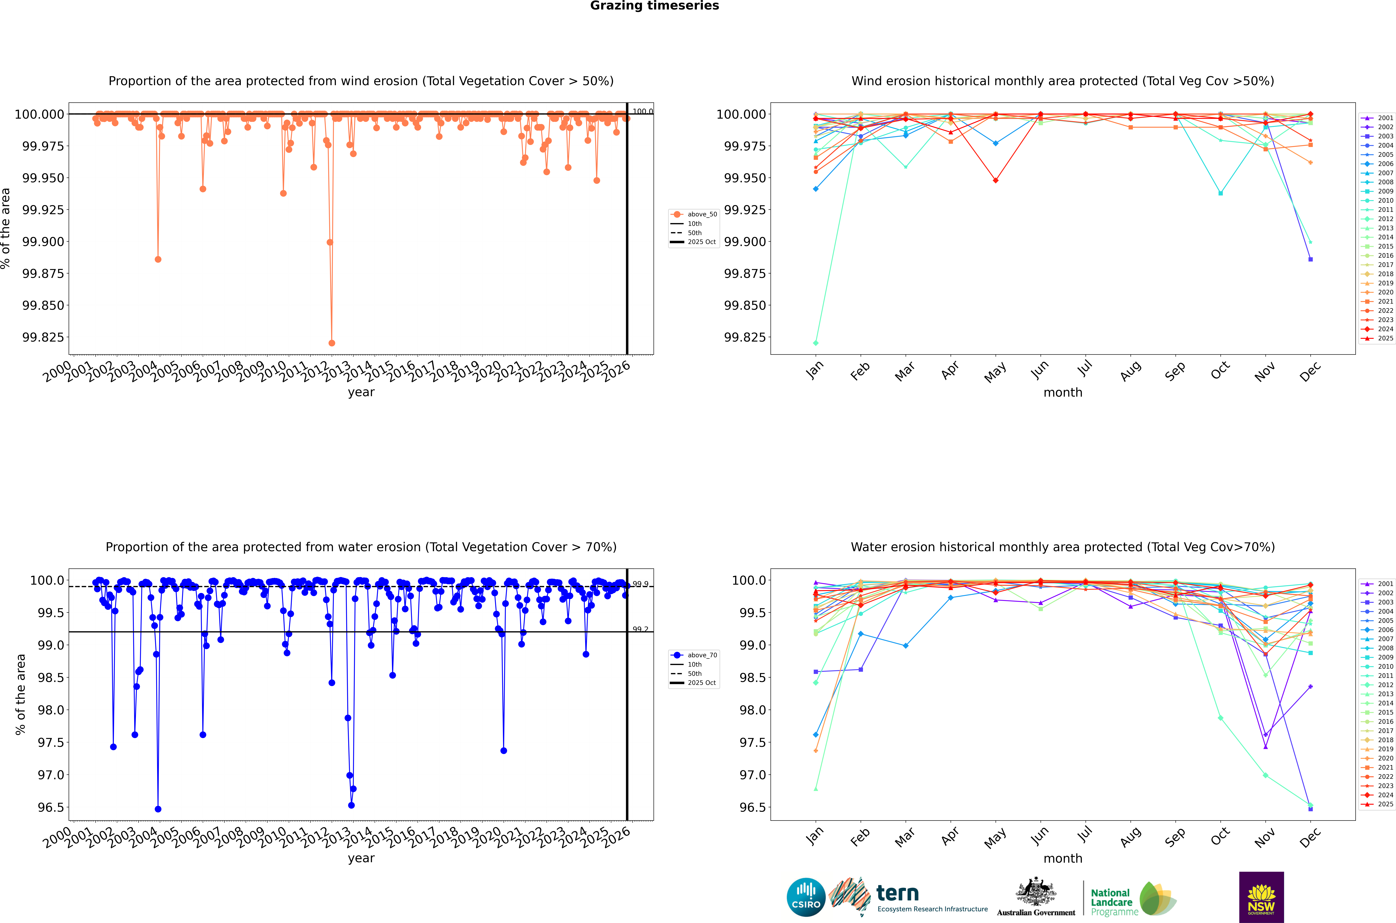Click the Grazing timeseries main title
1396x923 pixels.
(654, 6)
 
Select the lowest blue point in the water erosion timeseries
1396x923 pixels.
(158, 809)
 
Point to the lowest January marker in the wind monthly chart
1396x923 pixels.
(815, 343)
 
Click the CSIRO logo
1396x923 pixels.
(805, 897)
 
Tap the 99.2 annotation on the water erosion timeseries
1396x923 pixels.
(640, 629)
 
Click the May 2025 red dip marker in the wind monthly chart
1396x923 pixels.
(995, 180)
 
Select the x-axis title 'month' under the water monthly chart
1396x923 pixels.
(1062, 858)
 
